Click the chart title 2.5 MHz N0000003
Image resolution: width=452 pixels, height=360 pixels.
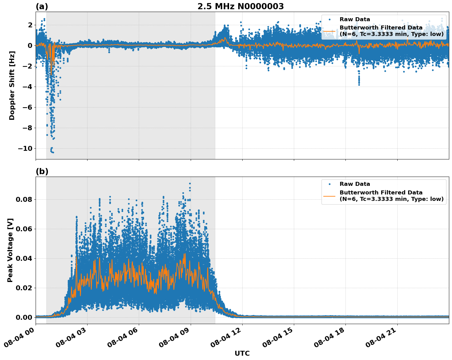tap(240, 6)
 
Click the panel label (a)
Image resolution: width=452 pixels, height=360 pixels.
tap(42, 6)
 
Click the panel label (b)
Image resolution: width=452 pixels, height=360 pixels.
tap(42, 171)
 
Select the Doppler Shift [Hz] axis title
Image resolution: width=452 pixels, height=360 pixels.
tap(12, 85)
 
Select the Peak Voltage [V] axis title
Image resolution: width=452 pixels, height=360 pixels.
tap(10, 250)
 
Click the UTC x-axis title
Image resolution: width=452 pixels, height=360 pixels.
tap(242, 353)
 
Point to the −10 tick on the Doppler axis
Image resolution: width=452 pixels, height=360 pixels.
tap(25, 149)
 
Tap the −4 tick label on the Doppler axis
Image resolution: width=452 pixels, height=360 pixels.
tap(28, 87)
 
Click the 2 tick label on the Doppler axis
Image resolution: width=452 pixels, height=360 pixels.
tap(30, 25)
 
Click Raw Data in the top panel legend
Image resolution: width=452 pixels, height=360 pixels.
tap(355, 19)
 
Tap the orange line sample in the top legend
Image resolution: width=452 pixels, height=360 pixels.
tap(329, 31)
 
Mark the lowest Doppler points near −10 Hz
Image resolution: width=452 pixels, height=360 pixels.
tap(52, 151)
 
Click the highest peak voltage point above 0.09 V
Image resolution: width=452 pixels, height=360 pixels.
tap(190, 184)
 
